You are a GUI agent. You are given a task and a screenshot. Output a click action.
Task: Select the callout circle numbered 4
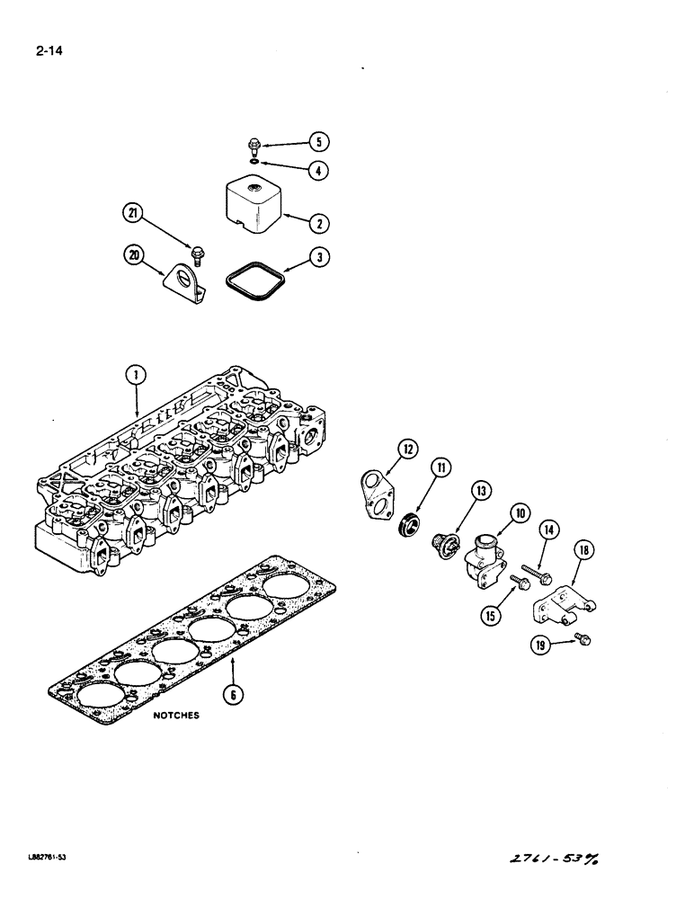point(319,170)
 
